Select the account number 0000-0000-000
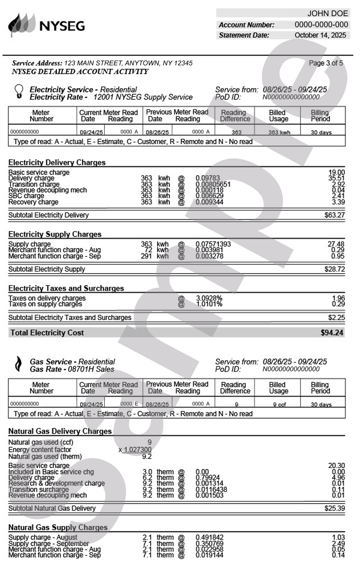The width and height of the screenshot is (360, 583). pyautogui.click(x=321, y=25)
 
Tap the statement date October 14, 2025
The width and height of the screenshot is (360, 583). pyautogui.click(x=320, y=35)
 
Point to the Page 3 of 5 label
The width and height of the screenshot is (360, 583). pyautogui.click(x=326, y=63)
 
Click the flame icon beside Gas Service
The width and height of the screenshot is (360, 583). pyautogui.click(x=18, y=364)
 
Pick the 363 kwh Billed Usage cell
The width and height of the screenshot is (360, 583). pyautogui.click(x=279, y=132)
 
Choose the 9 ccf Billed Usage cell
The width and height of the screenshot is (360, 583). pyautogui.click(x=279, y=404)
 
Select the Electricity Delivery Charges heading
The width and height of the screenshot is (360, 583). pyautogui.click(x=57, y=163)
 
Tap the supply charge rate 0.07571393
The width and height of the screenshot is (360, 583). pyautogui.click(x=213, y=244)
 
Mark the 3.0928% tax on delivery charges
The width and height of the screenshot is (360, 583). pyautogui.click(x=209, y=298)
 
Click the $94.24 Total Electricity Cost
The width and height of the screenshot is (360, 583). pyautogui.click(x=332, y=333)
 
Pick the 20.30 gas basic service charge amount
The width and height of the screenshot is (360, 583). pyautogui.click(x=336, y=466)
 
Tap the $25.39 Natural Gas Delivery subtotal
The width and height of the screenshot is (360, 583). pyautogui.click(x=334, y=508)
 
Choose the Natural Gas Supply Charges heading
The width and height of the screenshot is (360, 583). pyautogui.click(x=58, y=527)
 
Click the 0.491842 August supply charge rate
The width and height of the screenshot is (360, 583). pyautogui.click(x=210, y=537)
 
